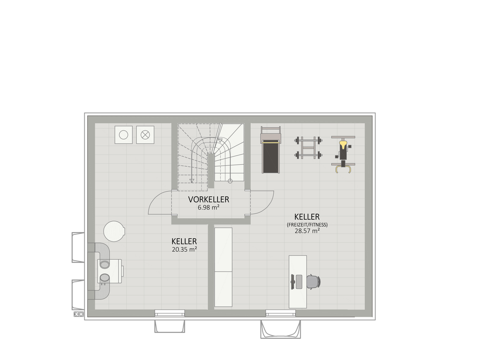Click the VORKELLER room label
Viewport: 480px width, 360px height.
209,199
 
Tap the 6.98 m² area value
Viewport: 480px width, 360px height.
209,207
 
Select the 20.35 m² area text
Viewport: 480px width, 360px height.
184,249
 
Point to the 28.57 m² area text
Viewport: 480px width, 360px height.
307,231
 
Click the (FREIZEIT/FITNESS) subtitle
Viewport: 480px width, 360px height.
307,225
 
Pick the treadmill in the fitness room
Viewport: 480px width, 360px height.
270,150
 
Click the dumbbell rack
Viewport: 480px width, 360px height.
308,148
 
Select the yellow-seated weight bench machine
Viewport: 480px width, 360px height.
343,154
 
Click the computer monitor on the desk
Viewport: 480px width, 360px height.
292,282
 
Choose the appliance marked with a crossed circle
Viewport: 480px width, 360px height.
145,135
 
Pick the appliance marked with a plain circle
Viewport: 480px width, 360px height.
124,135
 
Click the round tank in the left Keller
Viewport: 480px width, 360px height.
114,231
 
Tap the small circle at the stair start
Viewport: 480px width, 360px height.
230,181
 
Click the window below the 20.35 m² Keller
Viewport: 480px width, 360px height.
170,313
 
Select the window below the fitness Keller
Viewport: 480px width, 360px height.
281,313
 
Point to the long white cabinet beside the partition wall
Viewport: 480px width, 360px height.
224,267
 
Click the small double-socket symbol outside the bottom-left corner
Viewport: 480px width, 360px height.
79,314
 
